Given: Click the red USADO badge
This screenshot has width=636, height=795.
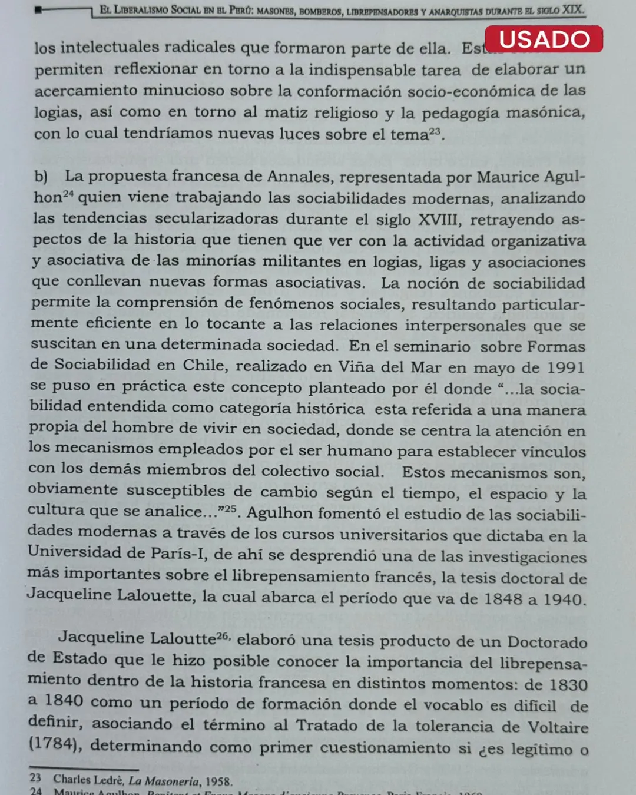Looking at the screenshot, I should (544, 39).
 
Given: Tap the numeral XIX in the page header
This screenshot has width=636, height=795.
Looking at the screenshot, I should (572, 9).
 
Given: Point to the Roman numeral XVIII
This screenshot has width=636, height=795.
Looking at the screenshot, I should (438, 220).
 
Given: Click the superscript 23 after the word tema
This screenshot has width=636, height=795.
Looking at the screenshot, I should (434, 131).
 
